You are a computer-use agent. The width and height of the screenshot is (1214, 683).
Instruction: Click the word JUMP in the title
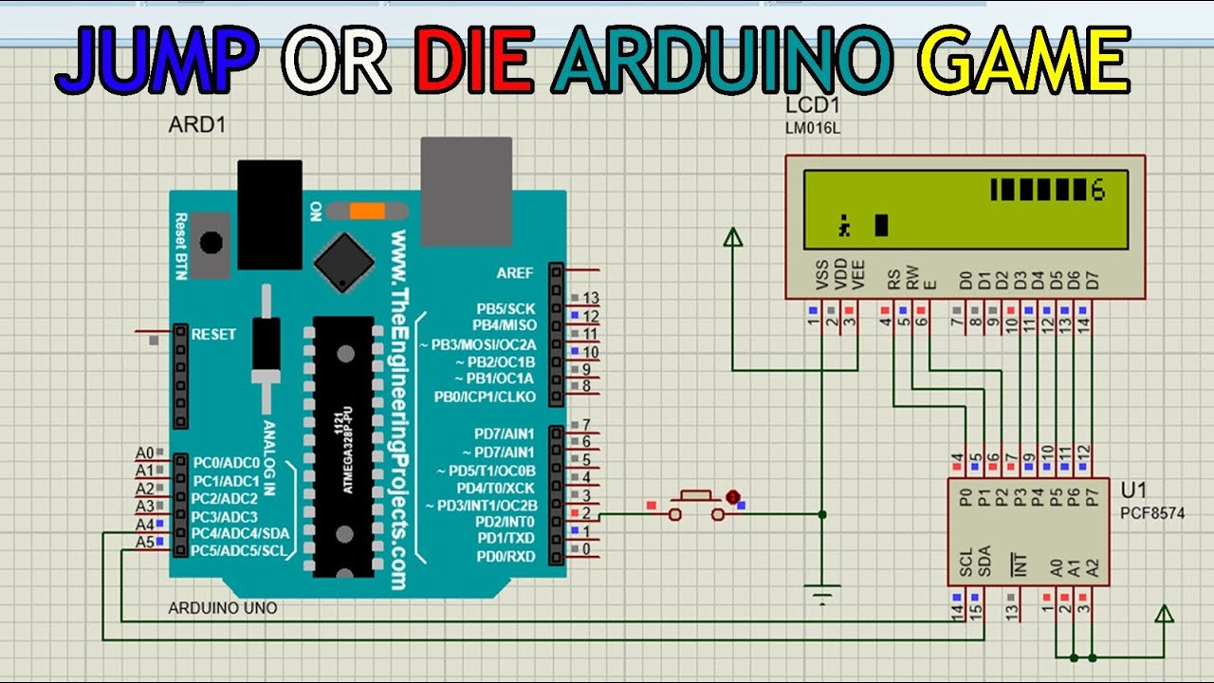click(x=157, y=59)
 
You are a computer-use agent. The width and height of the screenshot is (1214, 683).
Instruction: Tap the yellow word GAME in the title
click(x=1028, y=59)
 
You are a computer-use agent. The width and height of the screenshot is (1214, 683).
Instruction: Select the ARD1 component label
click(x=197, y=124)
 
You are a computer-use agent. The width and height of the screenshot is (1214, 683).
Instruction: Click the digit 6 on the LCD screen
click(x=1098, y=191)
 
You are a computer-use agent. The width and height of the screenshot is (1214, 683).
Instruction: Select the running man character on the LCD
click(x=843, y=226)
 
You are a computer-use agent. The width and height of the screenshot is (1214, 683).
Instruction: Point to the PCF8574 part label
click(x=1152, y=513)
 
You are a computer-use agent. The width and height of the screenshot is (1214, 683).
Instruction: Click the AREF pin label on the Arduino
click(x=515, y=273)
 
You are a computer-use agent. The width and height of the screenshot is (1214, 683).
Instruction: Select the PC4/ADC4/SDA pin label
click(x=239, y=533)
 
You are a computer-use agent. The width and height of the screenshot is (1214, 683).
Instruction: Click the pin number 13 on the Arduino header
click(x=591, y=299)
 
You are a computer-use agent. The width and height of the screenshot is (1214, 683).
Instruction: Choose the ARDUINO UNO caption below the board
click(x=223, y=607)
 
